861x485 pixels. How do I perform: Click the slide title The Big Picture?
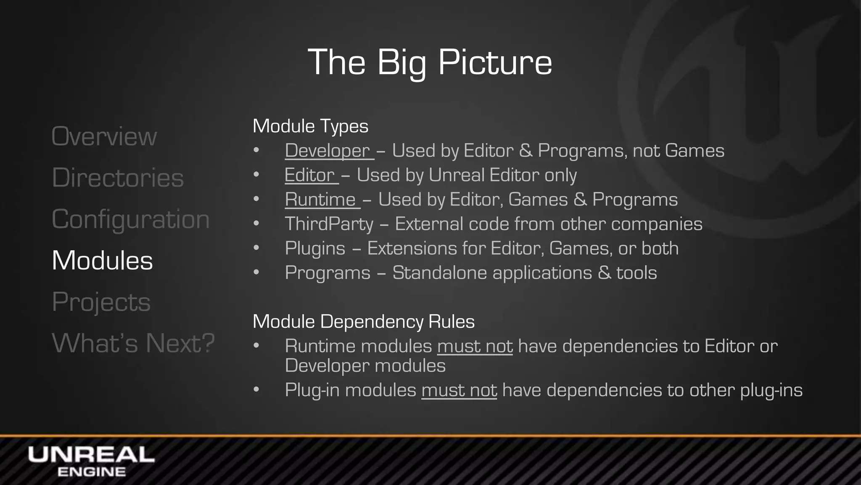click(430, 62)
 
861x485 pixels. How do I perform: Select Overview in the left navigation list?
click(104, 136)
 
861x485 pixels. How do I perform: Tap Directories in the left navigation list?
click(118, 178)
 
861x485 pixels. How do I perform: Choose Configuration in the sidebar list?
click(130, 219)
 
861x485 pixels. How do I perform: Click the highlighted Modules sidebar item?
click(102, 260)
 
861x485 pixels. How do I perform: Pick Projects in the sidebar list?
click(101, 301)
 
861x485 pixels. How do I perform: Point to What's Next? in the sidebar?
click(133, 343)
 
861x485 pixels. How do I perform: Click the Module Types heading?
click(310, 126)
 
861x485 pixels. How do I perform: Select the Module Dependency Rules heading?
click(363, 322)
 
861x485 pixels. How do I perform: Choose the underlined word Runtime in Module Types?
click(320, 200)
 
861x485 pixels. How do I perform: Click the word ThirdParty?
click(329, 224)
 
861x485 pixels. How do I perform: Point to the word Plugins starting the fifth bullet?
click(315, 248)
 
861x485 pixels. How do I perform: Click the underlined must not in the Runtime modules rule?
click(475, 346)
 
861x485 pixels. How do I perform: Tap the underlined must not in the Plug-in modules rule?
click(459, 390)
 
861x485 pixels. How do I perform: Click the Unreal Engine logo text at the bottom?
click(91, 461)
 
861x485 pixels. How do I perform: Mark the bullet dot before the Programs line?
click(256, 272)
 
